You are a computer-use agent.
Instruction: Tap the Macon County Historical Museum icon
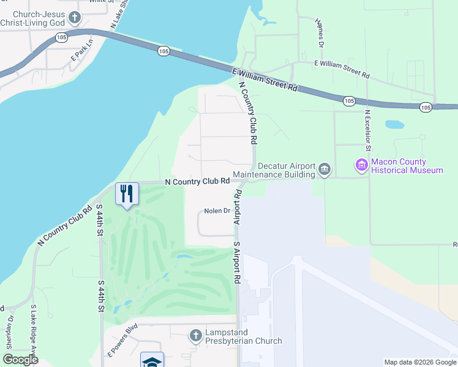coord(361,165)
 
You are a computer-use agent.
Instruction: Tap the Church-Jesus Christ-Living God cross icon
coord(75,17)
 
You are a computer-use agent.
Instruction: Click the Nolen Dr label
coord(217,211)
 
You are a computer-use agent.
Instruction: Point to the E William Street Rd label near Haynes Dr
coord(342,69)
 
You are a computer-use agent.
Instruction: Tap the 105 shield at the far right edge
coord(426,107)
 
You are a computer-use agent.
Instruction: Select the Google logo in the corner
coord(20,359)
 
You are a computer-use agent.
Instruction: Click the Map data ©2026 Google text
coord(419,362)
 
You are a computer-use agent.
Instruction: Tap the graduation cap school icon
coord(152,360)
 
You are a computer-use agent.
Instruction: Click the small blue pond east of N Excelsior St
coord(394,124)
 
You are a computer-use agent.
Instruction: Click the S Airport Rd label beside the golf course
coord(236,262)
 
